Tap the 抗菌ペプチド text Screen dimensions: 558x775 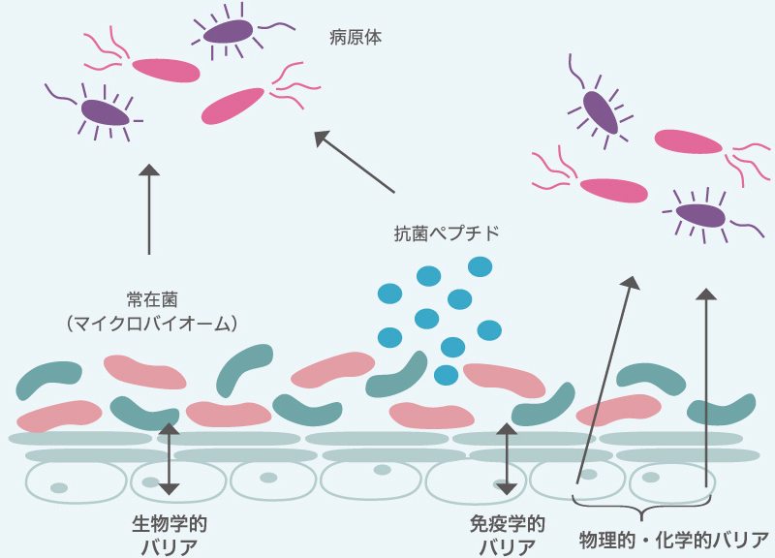point(447,232)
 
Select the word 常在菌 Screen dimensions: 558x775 point(153,298)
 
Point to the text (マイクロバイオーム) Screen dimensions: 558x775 point(153,323)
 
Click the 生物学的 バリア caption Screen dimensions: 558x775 point(170,535)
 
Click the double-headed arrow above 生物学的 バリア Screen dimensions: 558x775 point(169,458)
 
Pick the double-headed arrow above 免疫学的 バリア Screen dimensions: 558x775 point(506,458)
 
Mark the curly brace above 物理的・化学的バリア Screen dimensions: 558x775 point(642,506)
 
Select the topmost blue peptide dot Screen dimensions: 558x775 point(480,265)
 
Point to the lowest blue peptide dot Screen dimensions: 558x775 point(447,375)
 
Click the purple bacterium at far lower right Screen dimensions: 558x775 point(700,214)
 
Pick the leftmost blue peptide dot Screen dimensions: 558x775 point(389,293)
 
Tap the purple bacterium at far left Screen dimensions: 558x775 point(104,112)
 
